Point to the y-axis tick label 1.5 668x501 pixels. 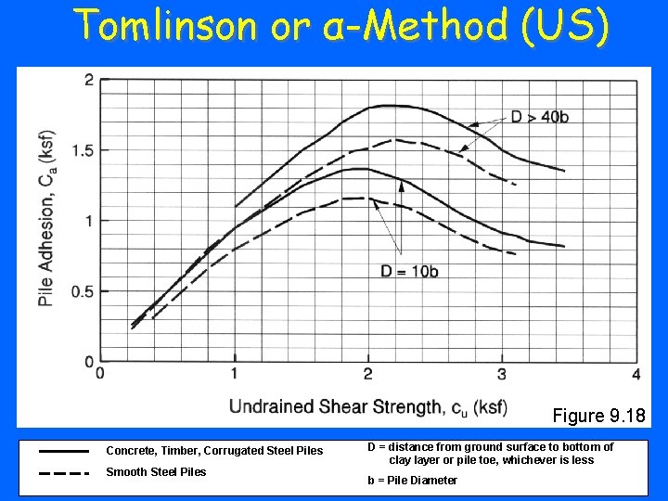tap(83, 150)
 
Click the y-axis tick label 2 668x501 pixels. tap(89, 81)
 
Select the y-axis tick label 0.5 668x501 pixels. tap(83, 291)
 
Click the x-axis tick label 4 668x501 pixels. tap(636, 374)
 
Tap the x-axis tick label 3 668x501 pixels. tap(502, 374)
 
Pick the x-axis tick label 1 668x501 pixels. tap(234, 374)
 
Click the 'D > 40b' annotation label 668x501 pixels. tap(540, 117)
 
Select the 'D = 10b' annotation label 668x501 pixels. tap(409, 271)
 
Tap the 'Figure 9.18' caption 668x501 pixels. tap(598, 415)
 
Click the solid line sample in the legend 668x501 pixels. tap(64, 450)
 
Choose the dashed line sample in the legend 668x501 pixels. tap(64, 472)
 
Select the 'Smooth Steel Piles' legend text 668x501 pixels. tap(156, 472)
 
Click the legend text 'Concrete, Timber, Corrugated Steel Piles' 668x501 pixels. tap(214, 451)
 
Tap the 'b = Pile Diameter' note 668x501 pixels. tap(412, 480)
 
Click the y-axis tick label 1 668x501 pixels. tap(89, 221)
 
